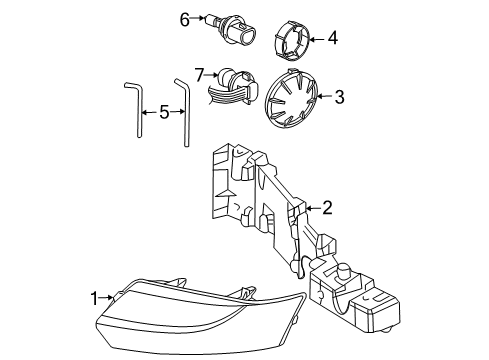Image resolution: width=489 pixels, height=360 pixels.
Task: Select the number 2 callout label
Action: tap(327, 207)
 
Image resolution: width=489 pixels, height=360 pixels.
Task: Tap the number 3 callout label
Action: tap(339, 97)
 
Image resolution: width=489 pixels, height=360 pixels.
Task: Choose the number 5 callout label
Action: tap(164, 112)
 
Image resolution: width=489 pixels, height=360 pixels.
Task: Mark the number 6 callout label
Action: tap(184, 18)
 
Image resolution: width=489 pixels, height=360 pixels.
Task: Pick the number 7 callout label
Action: tap(199, 74)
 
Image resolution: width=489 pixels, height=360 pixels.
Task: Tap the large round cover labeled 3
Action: tap(289, 100)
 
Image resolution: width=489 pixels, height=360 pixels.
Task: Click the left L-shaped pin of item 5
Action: tap(132, 109)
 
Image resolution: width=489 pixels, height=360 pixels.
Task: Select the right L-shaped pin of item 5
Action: tap(184, 110)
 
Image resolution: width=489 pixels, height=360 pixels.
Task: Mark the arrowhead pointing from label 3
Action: tap(320, 97)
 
